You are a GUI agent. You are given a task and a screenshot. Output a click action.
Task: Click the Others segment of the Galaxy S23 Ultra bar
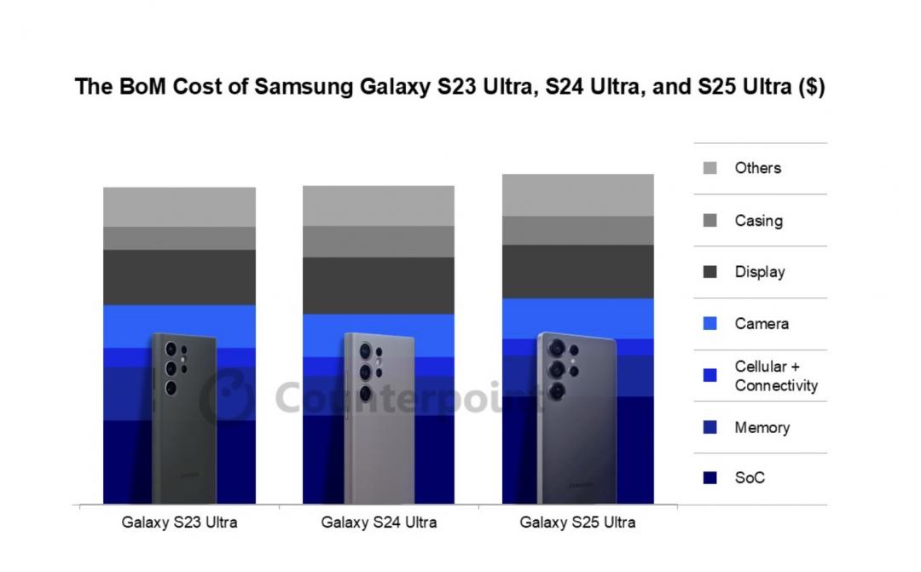(x=179, y=206)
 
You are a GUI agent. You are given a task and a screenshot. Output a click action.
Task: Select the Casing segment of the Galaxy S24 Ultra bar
(x=378, y=241)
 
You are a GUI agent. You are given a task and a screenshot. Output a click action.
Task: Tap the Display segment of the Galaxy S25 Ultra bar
(x=577, y=271)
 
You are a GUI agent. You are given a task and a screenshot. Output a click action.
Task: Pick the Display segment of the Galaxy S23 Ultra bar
(x=179, y=277)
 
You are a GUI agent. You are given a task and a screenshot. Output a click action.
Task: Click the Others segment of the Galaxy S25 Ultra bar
(x=577, y=194)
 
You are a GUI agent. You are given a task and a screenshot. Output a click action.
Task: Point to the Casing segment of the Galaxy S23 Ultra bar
(x=179, y=238)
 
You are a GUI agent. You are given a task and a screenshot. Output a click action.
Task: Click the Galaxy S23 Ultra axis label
(x=179, y=522)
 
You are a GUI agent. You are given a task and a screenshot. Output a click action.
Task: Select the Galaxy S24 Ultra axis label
(x=379, y=522)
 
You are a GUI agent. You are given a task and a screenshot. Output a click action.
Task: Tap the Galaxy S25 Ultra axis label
(x=577, y=522)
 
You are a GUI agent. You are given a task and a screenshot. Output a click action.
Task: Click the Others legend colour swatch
(x=710, y=169)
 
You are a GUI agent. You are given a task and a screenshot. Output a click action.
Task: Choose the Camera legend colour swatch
(x=710, y=324)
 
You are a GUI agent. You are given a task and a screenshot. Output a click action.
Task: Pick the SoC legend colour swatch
(x=710, y=478)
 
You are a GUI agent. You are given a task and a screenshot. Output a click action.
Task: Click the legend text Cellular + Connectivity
(x=775, y=376)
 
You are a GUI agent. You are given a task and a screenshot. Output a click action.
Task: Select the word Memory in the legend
(x=762, y=427)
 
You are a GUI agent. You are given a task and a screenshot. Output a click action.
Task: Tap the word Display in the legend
(x=759, y=272)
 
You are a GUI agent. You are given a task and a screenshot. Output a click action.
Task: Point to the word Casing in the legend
(x=758, y=221)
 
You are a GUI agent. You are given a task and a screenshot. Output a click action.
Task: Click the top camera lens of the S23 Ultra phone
(x=171, y=348)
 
